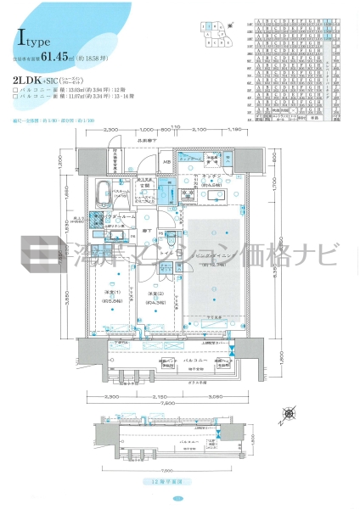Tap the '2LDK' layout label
tap(24, 80)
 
